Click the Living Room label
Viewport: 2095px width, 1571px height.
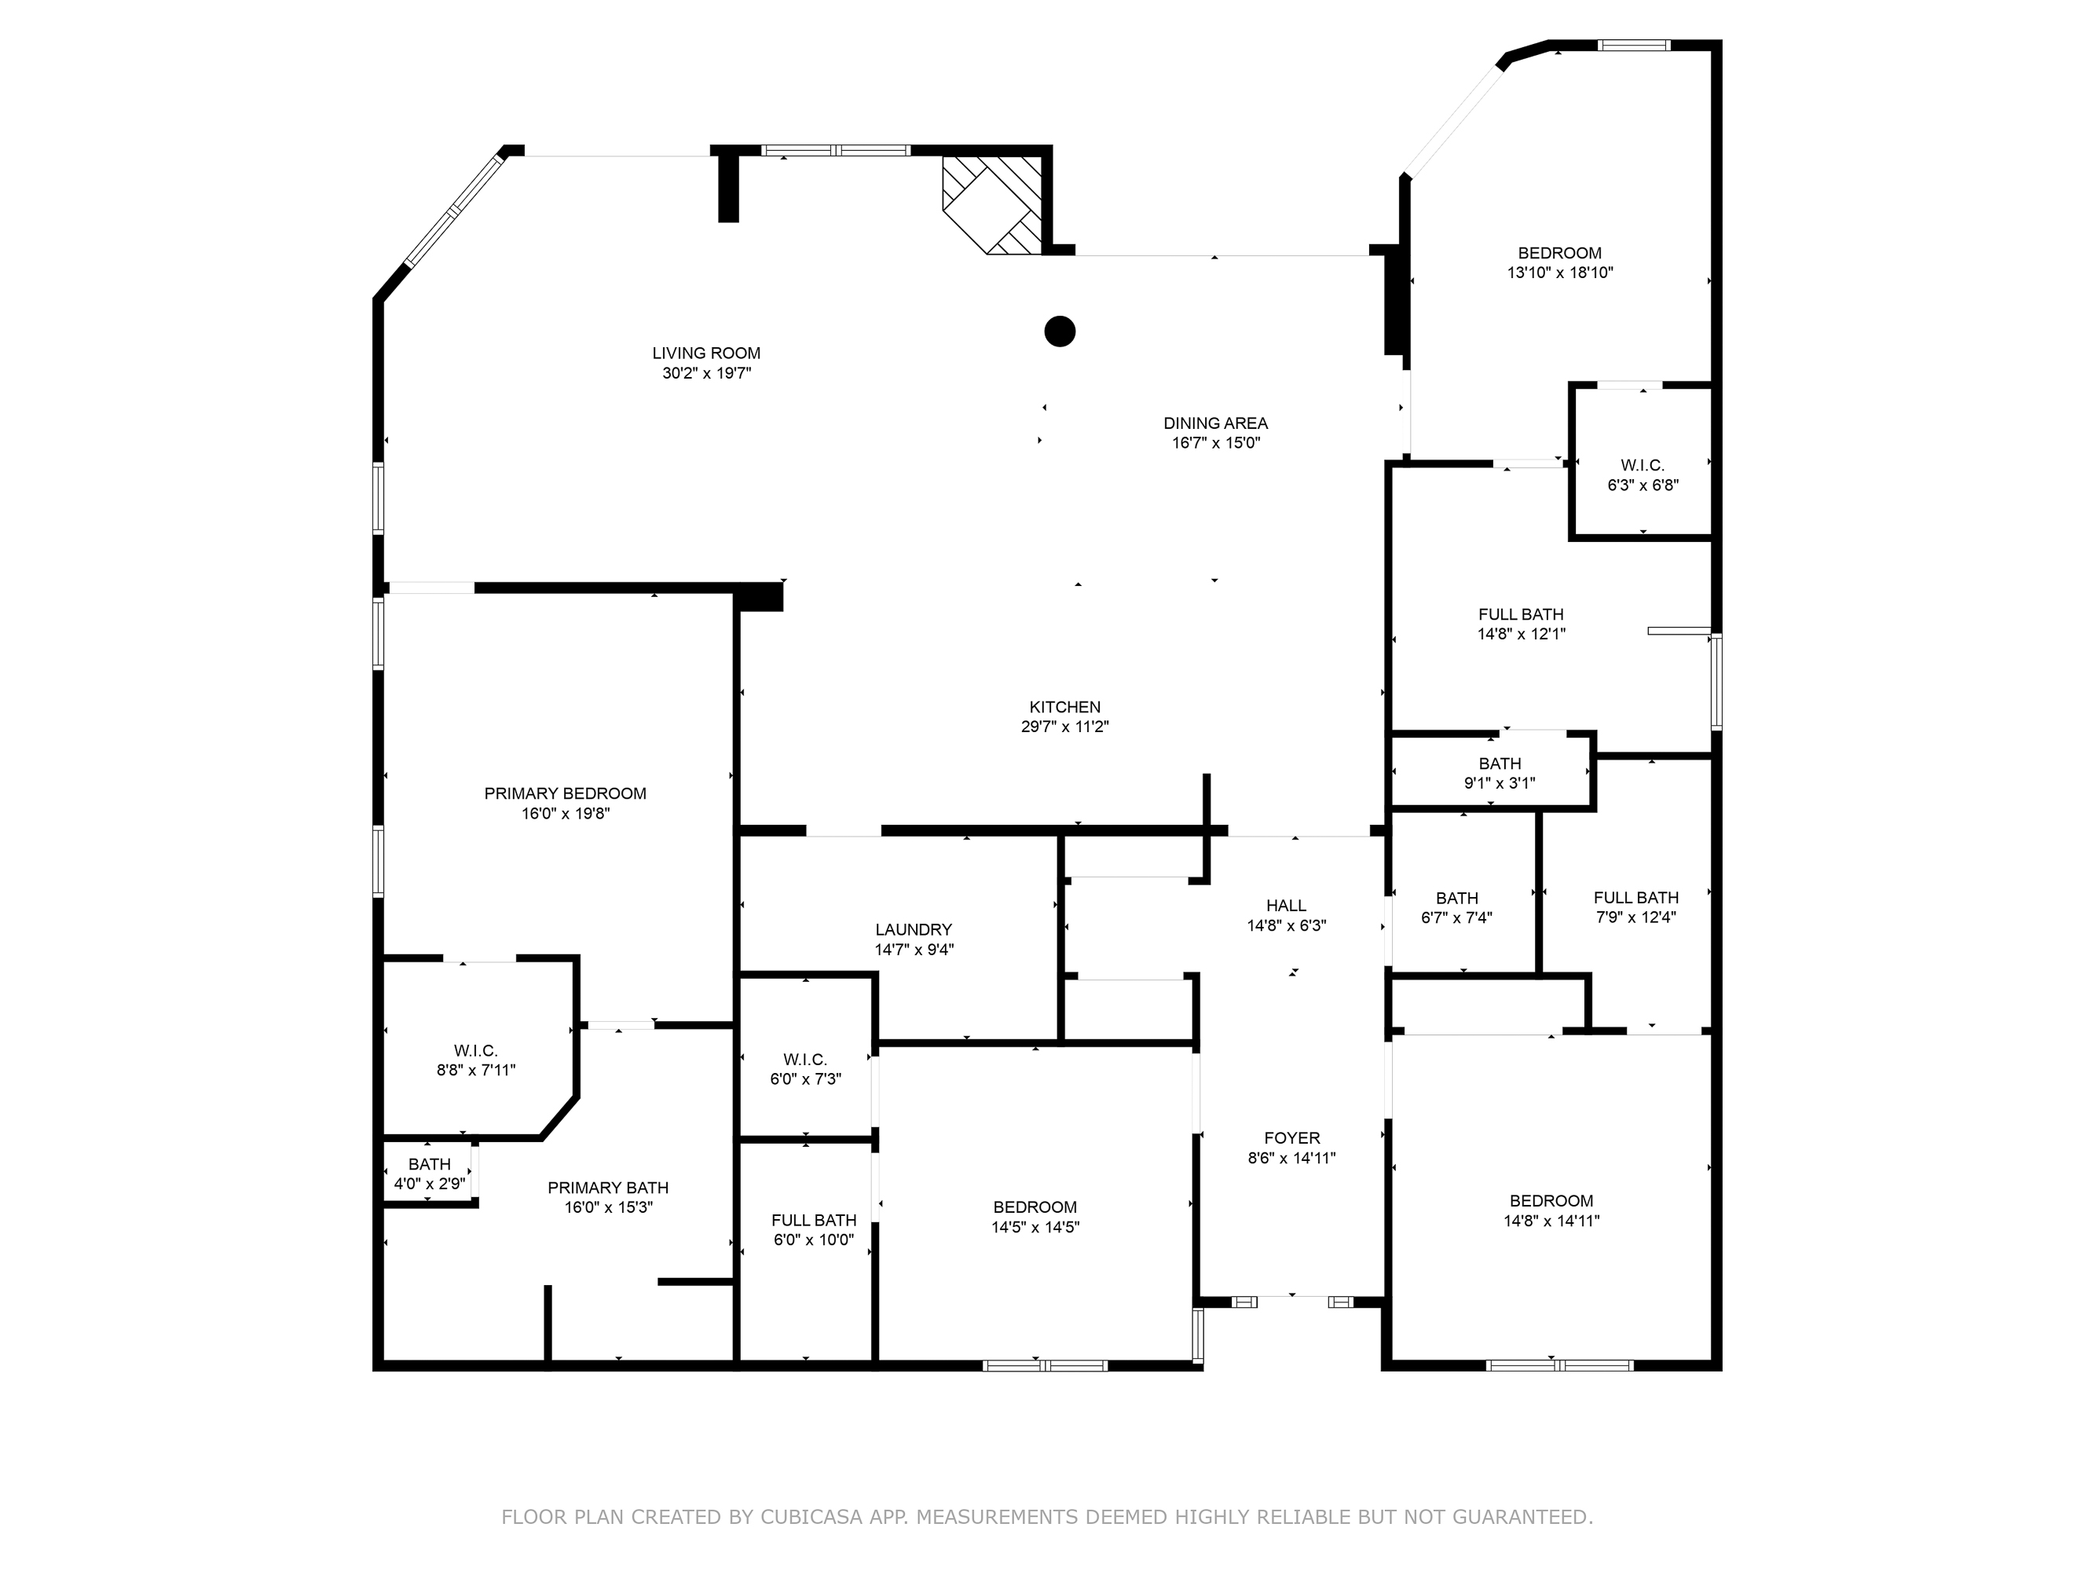[x=705, y=353]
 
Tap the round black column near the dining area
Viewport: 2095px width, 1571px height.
[x=1059, y=331]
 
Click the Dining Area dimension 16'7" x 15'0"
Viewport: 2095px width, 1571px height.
[x=1215, y=443]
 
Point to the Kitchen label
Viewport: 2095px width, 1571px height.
[x=1064, y=708]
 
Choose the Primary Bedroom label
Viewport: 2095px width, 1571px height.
[x=565, y=793]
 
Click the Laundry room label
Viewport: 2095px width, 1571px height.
[x=913, y=930]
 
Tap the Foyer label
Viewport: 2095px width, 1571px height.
[x=1291, y=1138]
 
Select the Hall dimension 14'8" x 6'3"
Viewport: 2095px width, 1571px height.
[x=1285, y=926]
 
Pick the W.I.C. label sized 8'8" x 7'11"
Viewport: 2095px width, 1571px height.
[x=474, y=1051]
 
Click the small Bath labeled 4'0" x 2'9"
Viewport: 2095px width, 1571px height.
[x=429, y=1165]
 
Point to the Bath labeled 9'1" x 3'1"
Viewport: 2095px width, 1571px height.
[x=1500, y=764]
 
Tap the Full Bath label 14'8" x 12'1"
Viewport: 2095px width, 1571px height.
[x=1520, y=614]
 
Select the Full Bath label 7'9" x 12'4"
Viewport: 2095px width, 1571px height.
[x=1635, y=898]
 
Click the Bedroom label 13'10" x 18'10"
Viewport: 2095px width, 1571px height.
[x=1559, y=253]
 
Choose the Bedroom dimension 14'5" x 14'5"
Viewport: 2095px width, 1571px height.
[x=1035, y=1227]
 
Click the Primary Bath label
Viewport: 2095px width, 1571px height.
[x=607, y=1188]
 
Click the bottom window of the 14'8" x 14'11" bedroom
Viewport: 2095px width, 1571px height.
[x=1559, y=1364]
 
